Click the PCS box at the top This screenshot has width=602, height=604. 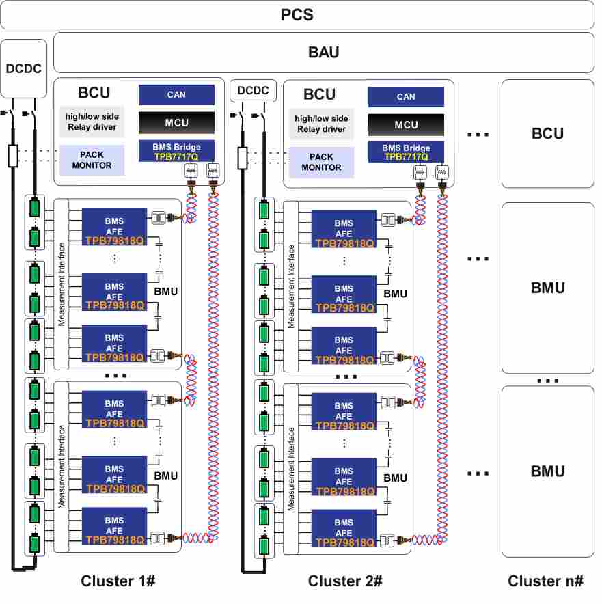[297, 14]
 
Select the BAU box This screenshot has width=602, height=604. [323, 52]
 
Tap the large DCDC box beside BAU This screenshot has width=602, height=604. [23, 68]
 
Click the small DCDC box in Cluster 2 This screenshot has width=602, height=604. [254, 90]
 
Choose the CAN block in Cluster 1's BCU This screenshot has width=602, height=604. [176, 95]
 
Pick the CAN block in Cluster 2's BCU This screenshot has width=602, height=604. [406, 97]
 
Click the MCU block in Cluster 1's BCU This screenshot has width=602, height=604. [176, 123]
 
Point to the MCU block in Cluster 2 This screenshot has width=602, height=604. [406, 125]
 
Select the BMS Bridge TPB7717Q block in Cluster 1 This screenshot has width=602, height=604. [176, 151]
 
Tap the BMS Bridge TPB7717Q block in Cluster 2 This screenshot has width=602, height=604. [406, 152]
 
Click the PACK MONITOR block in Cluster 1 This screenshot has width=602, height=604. [92, 161]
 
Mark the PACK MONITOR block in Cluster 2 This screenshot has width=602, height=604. [321, 163]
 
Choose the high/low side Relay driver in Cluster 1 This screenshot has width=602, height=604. [92, 122]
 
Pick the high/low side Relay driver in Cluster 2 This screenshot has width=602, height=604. [321, 124]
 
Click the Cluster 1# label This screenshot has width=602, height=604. [118, 581]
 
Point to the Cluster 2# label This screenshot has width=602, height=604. [344, 581]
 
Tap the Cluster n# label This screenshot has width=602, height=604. [545, 581]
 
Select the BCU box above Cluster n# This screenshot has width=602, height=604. [547, 133]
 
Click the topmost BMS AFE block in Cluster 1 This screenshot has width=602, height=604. [114, 225]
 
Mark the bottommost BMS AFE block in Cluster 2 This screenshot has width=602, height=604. [344, 527]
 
